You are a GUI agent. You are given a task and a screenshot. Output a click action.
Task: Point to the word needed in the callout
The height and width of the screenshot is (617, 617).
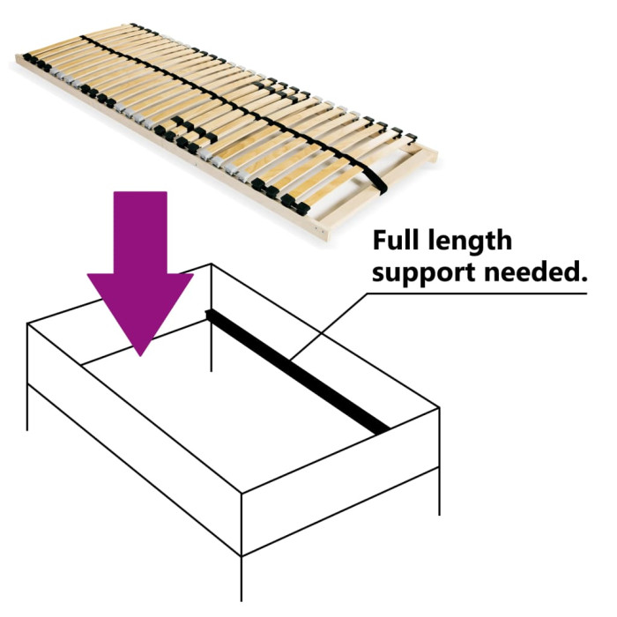537,272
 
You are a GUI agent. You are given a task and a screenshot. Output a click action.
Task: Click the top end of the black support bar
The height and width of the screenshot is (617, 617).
209,312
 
